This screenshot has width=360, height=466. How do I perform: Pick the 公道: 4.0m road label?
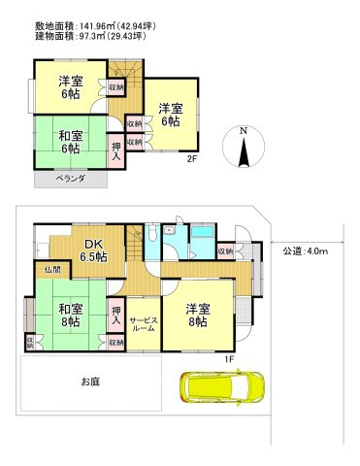306,251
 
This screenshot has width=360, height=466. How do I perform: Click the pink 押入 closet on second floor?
115,151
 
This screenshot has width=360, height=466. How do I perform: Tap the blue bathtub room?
202,240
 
